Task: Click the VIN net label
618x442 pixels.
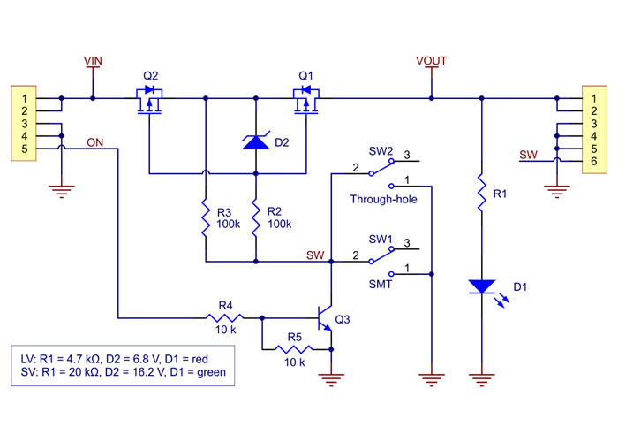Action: tap(93, 60)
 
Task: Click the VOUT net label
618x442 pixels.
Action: tap(431, 60)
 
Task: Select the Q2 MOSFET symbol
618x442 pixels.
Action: tap(149, 100)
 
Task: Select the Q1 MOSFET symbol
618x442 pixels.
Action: tap(305, 100)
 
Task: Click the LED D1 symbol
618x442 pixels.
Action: tap(481, 286)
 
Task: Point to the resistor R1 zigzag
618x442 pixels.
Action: tap(481, 193)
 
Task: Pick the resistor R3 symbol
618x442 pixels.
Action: tap(205, 217)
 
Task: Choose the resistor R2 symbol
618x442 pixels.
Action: tap(255, 217)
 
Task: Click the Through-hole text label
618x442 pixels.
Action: tap(383, 200)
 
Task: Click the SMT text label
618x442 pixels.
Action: tap(381, 285)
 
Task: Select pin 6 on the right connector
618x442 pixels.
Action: tap(592, 162)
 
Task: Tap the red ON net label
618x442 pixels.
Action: tap(95, 141)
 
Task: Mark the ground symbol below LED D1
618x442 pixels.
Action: tap(481, 381)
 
